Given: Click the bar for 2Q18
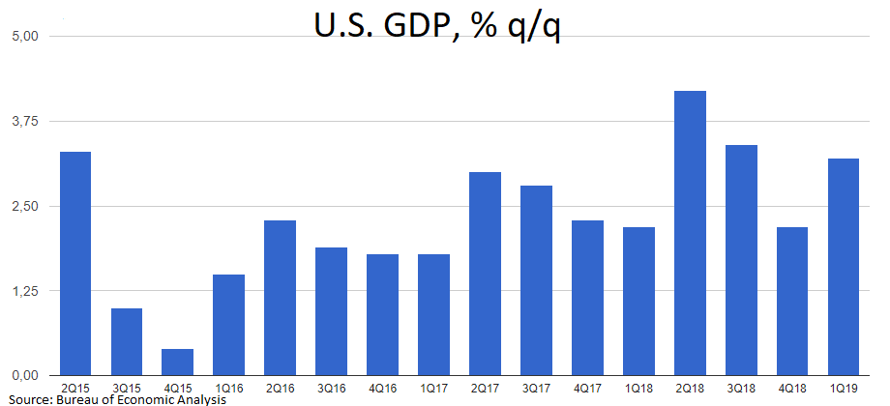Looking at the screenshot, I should point(690,233).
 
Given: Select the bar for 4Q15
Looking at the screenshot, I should point(178,362).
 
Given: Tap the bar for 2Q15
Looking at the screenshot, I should point(75,263).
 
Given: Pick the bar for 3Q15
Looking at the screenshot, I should point(127,341).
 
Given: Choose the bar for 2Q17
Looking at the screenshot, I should point(485,274).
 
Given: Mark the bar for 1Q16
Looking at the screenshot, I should point(229,325).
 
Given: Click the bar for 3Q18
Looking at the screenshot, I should point(741,260).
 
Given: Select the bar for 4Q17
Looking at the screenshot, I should point(587,298).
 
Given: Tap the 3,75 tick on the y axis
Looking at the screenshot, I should point(21,121).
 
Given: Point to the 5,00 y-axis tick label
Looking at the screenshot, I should point(21,37).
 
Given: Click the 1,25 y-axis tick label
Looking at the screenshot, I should point(21,291).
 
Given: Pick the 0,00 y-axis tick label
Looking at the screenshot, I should point(21,375).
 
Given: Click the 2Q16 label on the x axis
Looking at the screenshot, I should point(281,388).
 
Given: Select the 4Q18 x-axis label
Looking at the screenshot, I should point(792,388).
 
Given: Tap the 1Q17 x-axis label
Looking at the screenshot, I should point(433,388).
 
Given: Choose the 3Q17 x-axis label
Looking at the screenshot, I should point(536,388).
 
